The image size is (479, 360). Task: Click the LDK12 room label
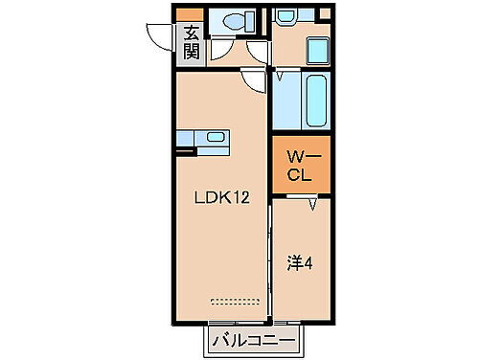(x=221, y=199)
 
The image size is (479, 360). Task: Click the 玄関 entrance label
(x=189, y=41)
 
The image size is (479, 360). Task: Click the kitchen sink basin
(x=217, y=137)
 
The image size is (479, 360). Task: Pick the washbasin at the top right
(x=287, y=17)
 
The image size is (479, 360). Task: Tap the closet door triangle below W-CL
(x=313, y=203)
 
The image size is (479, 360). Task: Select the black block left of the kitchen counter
(x=185, y=146)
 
